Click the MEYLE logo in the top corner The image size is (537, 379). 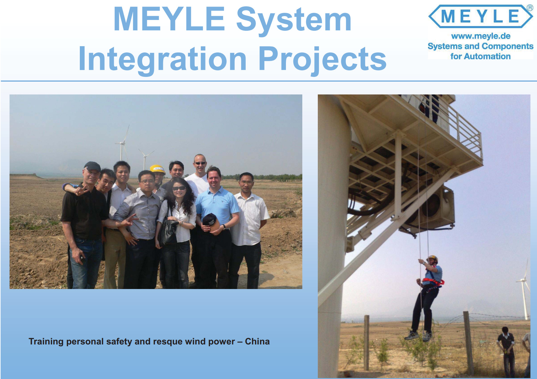tap(480, 16)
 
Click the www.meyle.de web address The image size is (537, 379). tap(481, 36)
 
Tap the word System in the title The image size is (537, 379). tap(294, 20)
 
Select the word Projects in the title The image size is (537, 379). tap(323, 59)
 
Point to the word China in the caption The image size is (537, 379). tap(257, 341)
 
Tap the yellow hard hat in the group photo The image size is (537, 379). tap(158, 169)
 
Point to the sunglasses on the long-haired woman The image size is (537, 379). tap(179, 188)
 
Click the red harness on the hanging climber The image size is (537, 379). tap(433, 282)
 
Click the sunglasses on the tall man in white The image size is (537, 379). tap(200, 163)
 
